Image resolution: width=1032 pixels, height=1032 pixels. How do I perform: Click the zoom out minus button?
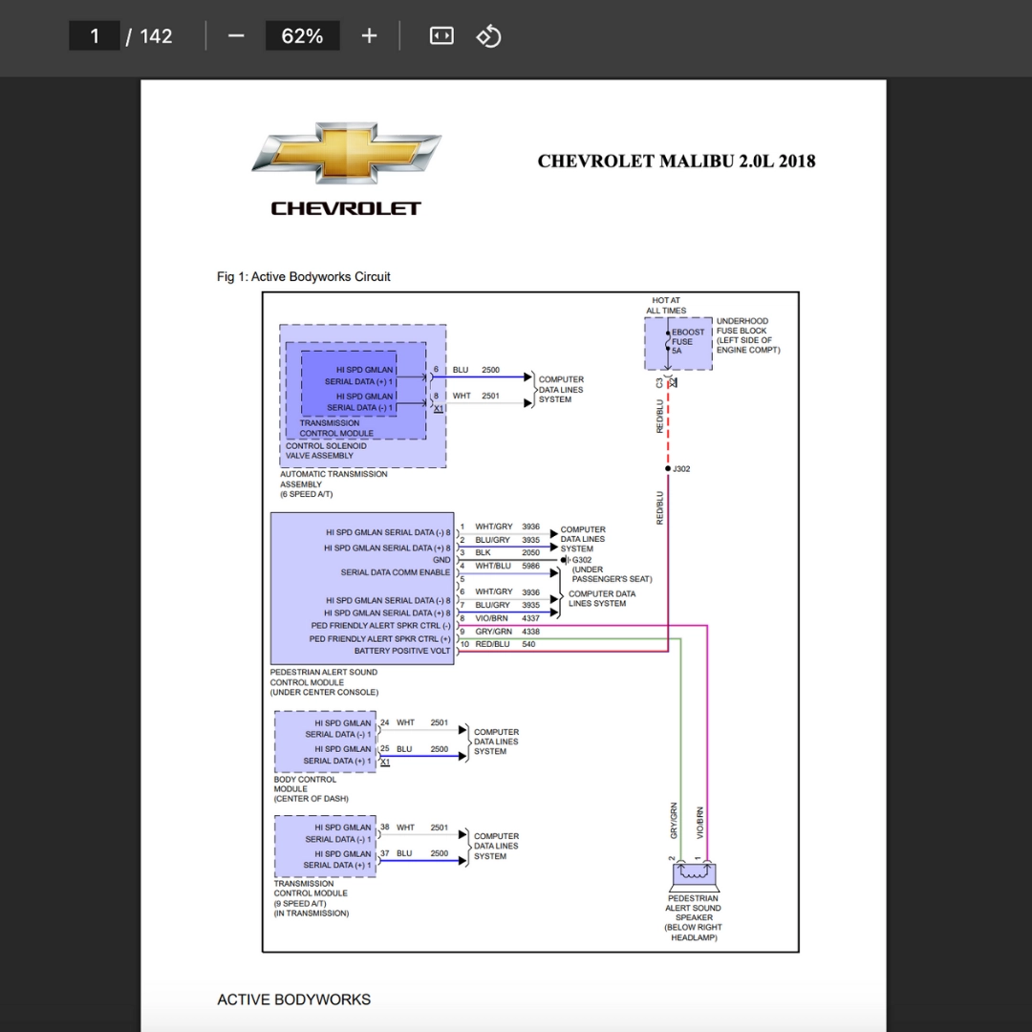tap(236, 36)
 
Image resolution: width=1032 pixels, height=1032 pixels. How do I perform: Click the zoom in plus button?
tap(369, 36)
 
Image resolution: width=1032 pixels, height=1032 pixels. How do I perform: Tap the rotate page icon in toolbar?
tap(488, 36)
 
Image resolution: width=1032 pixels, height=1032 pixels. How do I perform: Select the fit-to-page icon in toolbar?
tap(441, 36)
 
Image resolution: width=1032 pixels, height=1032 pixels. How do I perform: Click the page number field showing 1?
tap(95, 36)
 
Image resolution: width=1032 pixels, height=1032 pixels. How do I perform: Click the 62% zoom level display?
tap(302, 36)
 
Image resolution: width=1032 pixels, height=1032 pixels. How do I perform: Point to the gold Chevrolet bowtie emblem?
tap(346, 153)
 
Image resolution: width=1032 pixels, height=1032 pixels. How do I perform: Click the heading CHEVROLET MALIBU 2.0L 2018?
tap(676, 161)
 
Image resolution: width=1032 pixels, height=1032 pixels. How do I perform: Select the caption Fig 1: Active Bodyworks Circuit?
tap(303, 277)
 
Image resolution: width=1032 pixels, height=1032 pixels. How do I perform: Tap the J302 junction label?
tap(681, 469)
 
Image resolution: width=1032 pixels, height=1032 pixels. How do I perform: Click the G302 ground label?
tap(582, 560)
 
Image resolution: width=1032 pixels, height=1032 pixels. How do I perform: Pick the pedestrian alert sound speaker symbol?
tap(693, 873)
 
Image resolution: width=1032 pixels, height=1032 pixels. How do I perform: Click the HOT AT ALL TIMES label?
tap(666, 305)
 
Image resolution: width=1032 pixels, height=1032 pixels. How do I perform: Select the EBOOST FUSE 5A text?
tap(688, 341)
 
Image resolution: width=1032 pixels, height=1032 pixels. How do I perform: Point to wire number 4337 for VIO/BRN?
tap(530, 619)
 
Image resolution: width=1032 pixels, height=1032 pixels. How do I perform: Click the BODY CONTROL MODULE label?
tap(305, 788)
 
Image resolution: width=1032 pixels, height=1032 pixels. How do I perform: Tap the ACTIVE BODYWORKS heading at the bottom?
tap(293, 1000)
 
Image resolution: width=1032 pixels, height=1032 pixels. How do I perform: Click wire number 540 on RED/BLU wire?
tap(528, 644)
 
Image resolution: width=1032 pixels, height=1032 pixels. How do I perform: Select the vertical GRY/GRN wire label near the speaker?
tap(675, 821)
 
